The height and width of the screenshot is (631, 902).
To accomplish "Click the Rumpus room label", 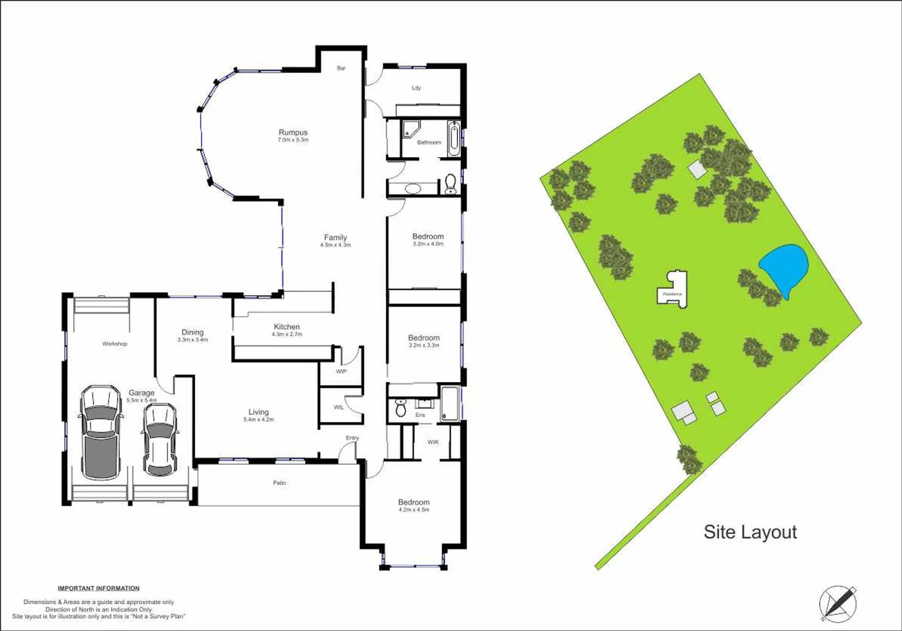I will (293, 133).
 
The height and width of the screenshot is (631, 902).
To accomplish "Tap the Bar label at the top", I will (341, 68).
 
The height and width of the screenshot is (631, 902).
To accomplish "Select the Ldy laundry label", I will (416, 88).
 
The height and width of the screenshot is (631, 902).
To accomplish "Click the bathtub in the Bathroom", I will (453, 138).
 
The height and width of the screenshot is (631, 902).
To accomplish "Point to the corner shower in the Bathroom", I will (411, 130).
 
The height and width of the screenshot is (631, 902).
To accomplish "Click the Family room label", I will (335, 237).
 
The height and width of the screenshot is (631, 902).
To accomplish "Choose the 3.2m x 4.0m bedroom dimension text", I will (428, 244).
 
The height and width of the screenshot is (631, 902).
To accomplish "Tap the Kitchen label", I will (287, 327).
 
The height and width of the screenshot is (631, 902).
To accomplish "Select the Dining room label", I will (192, 332).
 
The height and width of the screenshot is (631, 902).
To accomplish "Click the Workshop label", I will (115, 344).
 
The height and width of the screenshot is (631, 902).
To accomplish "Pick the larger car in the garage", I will (101, 432).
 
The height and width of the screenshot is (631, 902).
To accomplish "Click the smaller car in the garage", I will (159, 439).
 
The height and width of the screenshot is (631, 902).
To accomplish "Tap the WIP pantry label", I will (341, 372).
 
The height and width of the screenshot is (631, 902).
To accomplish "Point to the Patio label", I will (279, 483).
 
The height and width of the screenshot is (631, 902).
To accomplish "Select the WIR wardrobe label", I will (433, 442).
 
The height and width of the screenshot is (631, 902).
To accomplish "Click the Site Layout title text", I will (750, 532).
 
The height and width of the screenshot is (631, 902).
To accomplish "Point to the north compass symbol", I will (838, 603).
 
